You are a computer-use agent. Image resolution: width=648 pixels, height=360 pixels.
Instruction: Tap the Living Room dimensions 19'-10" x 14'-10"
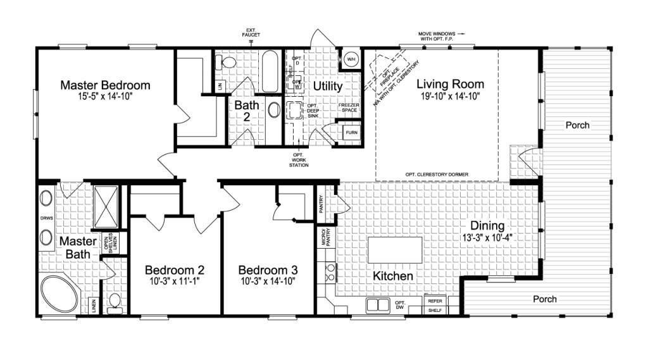(x=450, y=96)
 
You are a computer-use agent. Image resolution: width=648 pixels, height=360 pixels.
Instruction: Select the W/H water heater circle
(x=350, y=60)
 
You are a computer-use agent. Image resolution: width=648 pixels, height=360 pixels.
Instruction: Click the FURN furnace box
(x=351, y=133)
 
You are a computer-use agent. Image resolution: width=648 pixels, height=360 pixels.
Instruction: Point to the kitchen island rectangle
(x=395, y=250)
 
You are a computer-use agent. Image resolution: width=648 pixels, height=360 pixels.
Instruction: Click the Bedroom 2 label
(x=174, y=268)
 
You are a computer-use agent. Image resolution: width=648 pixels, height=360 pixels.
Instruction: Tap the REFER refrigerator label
(x=435, y=301)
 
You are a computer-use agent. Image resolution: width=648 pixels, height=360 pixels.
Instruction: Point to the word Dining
(x=487, y=226)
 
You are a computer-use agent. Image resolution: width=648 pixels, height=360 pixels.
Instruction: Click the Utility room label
(x=327, y=85)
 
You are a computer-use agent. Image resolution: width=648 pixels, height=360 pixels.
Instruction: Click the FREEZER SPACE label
(x=349, y=108)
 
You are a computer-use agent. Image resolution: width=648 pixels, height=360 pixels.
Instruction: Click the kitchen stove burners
(x=330, y=273)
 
